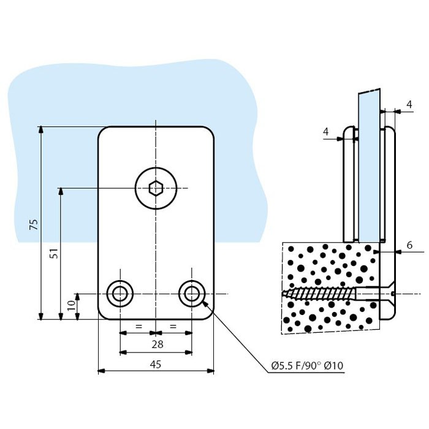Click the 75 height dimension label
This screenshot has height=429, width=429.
(34, 224)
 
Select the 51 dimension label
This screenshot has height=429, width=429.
(55, 254)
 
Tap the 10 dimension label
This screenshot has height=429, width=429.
(71, 305)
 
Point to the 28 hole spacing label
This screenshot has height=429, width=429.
(158, 344)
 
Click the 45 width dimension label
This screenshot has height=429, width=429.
(156, 364)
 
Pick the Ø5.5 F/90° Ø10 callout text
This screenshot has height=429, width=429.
(307, 365)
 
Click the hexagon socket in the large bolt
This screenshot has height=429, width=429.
(156, 188)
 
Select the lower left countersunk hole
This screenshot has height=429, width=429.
(120, 294)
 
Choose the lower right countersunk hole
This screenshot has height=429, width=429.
(192, 294)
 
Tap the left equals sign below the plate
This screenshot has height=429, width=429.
(139, 326)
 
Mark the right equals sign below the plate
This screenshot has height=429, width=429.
(173, 326)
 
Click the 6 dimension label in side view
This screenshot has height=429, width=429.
(409, 245)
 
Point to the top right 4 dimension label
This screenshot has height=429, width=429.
(409, 104)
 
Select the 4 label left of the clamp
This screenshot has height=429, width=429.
(325, 132)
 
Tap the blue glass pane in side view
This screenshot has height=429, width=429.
(368, 165)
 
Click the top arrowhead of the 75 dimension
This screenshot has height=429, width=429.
(41, 130)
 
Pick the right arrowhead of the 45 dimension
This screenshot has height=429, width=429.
(210, 371)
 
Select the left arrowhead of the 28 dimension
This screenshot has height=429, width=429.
(124, 352)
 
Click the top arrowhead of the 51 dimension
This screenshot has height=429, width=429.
(61, 191)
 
